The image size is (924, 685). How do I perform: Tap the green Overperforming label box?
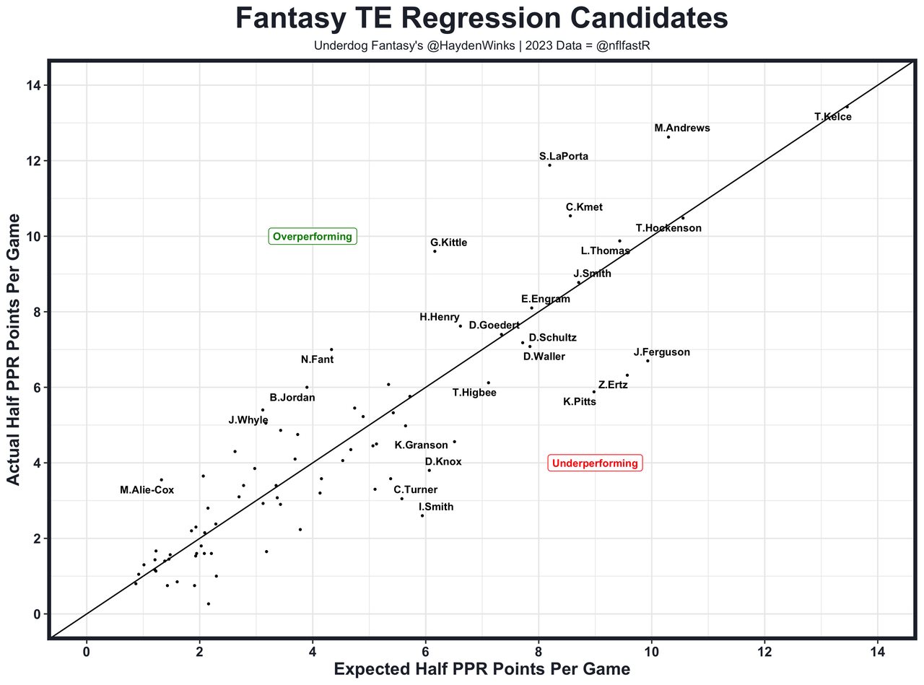pyautogui.click(x=313, y=236)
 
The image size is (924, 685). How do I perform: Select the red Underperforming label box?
pyautogui.click(x=595, y=463)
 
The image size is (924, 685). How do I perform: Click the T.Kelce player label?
pyautogui.click(x=832, y=117)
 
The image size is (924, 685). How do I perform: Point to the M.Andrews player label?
pyautogui.click(x=681, y=128)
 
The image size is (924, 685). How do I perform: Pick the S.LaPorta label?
pyautogui.click(x=563, y=156)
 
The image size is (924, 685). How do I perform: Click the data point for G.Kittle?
pyautogui.click(x=435, y=251)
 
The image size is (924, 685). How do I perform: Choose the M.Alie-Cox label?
pyautogui.click(x=147, y=490)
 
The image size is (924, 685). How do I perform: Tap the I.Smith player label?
pyautogui.click(x=436, y=507)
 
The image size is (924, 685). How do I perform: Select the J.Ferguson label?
pyautogui.click(x=661, y=352)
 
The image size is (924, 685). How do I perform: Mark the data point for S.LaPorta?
pyautogui.click(x=549, y=165)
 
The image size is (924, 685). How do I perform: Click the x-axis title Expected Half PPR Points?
pyautogui.click(x=482, y=670)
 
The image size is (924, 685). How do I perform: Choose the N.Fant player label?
pyautogui.click(x=317, y=359)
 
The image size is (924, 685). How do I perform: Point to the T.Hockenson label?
pyautogui.click(x=668, y=228)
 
